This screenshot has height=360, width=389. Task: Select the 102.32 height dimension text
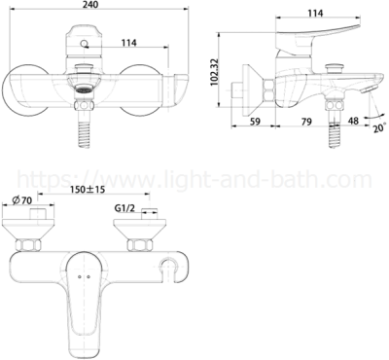[x=214, y=72]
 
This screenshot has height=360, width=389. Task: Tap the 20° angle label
[x=379, y=127]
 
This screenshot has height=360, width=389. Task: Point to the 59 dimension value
[x=256, y=122]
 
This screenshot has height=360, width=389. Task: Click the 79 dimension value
[x=306, y=122]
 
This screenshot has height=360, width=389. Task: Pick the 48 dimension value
[x=353, y=121]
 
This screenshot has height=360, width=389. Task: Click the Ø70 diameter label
[x=22, y=200]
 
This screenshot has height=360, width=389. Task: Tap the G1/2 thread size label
[x=124, y=208]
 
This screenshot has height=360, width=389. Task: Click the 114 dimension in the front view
[x=129, y=43]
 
